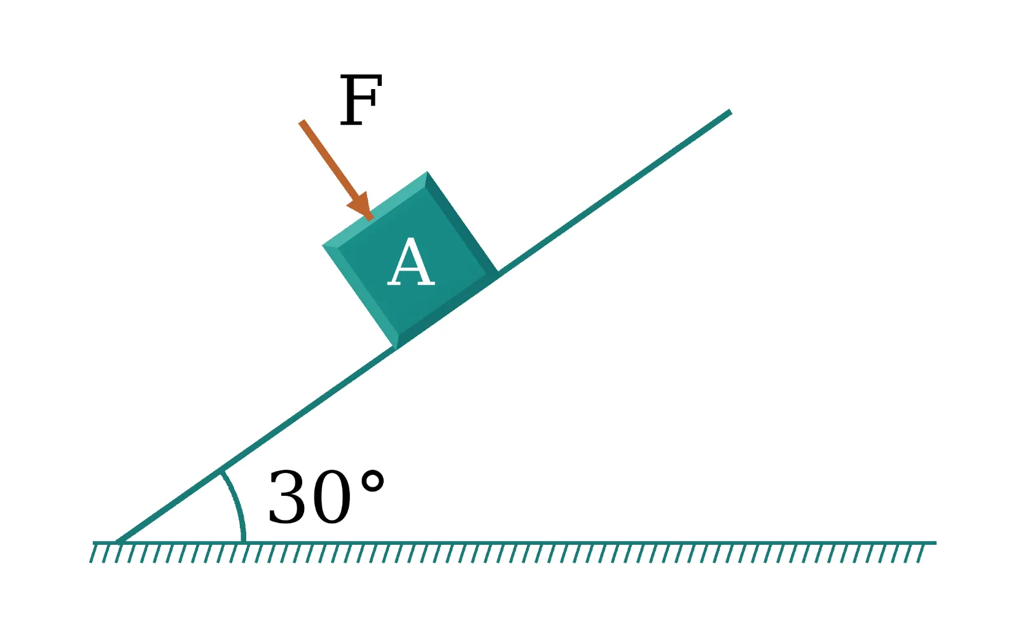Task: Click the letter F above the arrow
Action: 361,100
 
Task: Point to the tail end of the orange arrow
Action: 302,122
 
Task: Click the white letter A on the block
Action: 411,262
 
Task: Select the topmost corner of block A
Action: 427,172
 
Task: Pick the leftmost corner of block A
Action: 323,246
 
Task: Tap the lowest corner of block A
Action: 396,349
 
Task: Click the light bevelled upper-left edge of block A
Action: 375,210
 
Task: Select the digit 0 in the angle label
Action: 331,496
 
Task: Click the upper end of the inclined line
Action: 730,111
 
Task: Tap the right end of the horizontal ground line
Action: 936,542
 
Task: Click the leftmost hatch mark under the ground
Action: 93,554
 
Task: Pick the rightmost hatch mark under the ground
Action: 921,554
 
